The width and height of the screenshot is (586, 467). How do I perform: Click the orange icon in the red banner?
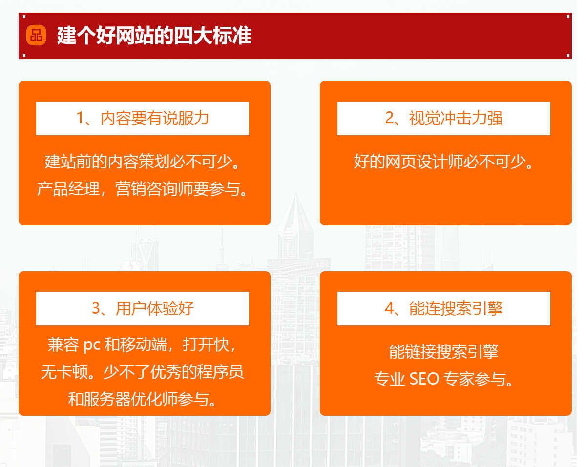pos(36,35)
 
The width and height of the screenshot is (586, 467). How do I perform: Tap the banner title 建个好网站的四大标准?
pos(154,36)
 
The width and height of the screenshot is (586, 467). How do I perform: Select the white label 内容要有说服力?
pos(143,118)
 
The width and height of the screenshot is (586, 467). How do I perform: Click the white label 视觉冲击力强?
pos(444,118)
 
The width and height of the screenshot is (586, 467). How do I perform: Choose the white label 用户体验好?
pos(143,308)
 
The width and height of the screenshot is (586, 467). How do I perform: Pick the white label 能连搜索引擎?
pos(444,308)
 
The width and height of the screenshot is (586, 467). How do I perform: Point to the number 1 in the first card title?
pos(81,118)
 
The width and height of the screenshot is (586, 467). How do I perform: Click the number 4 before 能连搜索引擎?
pos(389,308)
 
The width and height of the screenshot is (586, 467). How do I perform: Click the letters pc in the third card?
pos(91,345)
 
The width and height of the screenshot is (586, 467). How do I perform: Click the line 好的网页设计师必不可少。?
pos(444,161)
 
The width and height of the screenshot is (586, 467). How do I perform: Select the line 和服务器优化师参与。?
pos(143,400)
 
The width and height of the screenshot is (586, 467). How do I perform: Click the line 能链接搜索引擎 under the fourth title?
pos(443,351)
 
